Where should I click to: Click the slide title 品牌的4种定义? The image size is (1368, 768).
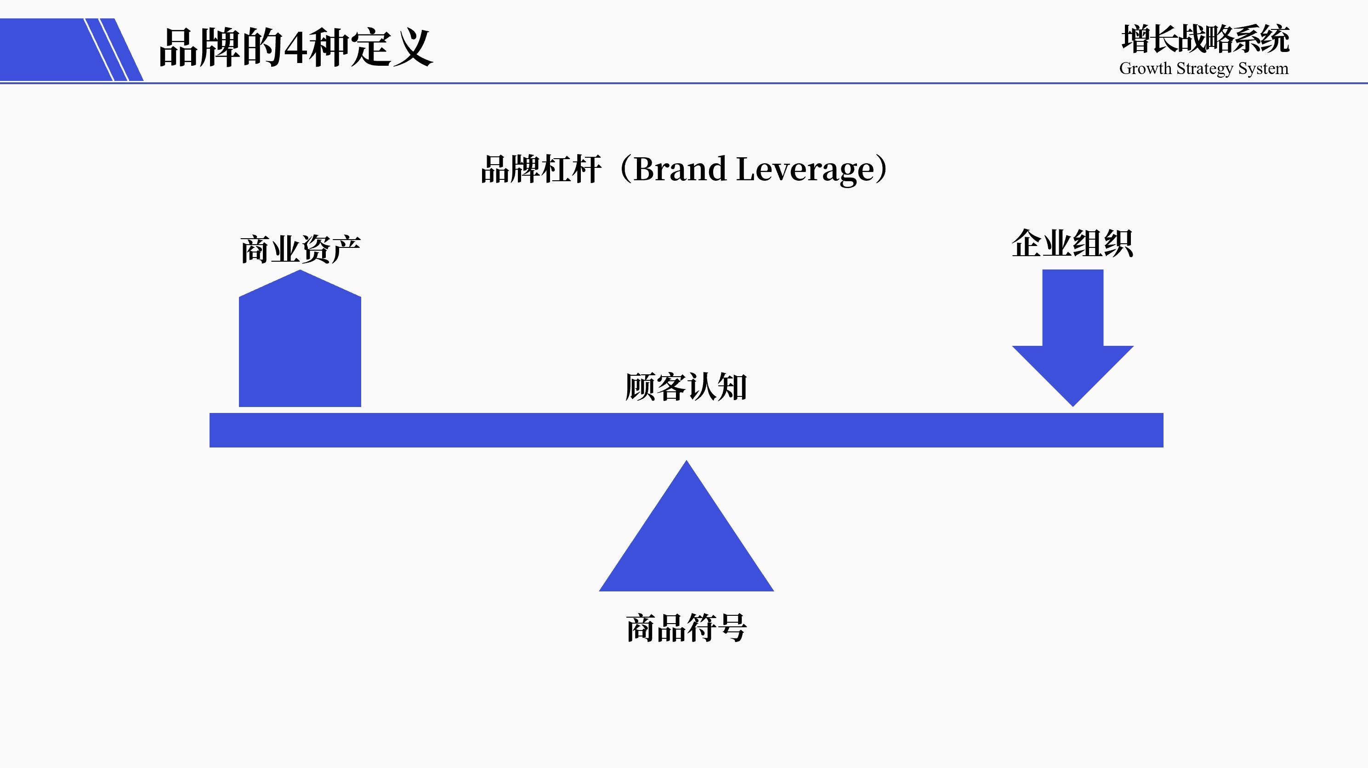[295, 48]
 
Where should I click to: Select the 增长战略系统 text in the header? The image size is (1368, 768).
[1205, 40]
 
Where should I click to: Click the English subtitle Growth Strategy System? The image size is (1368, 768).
[1203, 69]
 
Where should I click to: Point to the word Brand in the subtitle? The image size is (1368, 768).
[680, 170]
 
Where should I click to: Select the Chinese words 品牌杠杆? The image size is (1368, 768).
[540, 170]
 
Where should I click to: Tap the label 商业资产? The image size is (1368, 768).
[300, 249]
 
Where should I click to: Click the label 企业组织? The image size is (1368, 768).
[1072, 244]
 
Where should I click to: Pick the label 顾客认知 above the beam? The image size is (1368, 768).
[686, 386]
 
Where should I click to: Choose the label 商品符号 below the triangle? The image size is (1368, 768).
[686, 628]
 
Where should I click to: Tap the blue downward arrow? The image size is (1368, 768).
[1073, 335]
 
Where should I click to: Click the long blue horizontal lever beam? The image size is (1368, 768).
[686, 430]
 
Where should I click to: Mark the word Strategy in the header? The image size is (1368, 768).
[1204, 69]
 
